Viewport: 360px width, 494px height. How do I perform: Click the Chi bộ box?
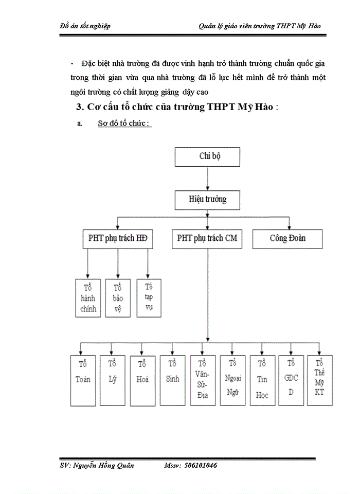point(207,157)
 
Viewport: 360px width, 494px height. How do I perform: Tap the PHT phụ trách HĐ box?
point(118,239)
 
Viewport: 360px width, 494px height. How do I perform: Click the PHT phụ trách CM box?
point(207,239)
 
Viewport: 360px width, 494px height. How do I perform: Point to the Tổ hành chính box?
point(86,297)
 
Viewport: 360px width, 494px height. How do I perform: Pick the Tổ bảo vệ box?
point(118,297)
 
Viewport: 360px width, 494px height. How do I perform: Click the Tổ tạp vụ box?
point(148,297)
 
